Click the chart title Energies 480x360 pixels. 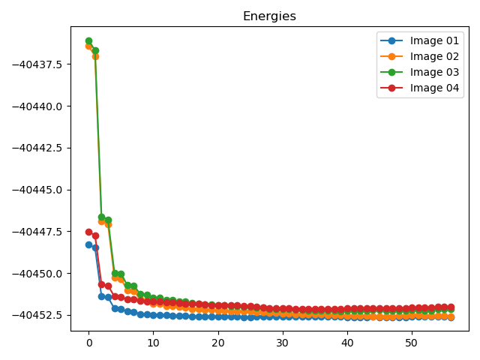pyautogui.click(x=269, y=16)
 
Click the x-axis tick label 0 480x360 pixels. pyautogui.click(x=88, y=343)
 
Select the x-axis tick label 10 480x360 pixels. pyautogui.click(x=153, y=343)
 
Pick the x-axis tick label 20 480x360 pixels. pyautogui.click(x=217, y=343)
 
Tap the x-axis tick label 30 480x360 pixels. pyautogui.click(x=283, y=343)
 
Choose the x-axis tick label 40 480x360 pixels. pyautogui.click(x=347, y=343)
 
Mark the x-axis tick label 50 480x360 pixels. pyautogui.click(x=412, y=343)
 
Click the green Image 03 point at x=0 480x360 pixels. pyautogui.click(x=88, y=40)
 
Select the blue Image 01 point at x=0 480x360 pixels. pyautogui.click(x=88, y=244)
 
